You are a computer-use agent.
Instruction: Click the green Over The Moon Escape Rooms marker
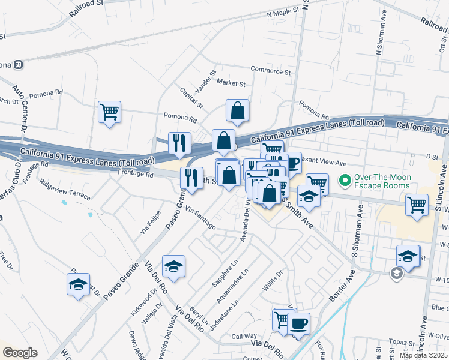point(345,179)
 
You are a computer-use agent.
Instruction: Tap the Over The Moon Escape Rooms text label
point(382,181)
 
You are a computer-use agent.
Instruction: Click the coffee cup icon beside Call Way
point(298,323)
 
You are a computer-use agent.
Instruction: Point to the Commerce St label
point(270,71)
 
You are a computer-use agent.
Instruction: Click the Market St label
point(231,83)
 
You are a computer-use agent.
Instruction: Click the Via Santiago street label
point(200,217)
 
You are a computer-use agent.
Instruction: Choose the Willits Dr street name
point(271,284)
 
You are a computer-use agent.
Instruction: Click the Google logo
point(20,353)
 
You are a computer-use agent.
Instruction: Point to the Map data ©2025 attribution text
point(423,355)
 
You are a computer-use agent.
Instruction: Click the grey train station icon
point(19,64)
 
